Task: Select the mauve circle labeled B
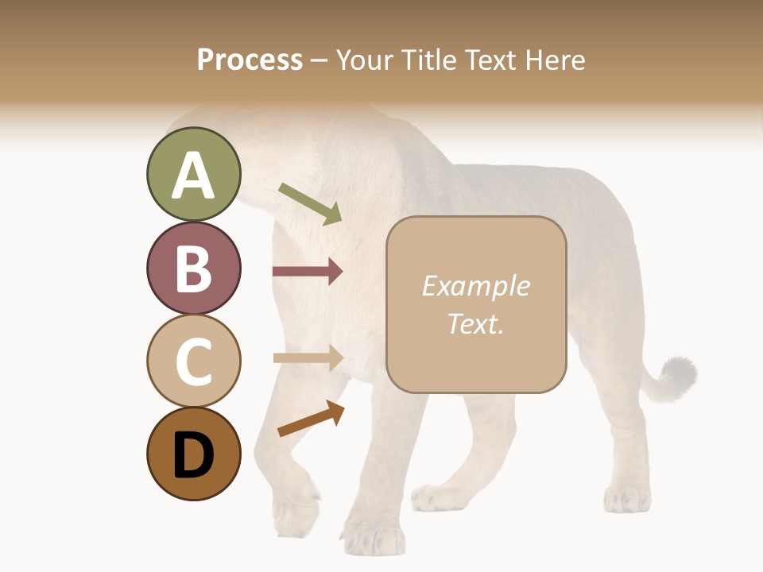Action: (193, 269)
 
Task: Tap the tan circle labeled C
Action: (193, 361)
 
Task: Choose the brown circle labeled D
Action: (193, 454)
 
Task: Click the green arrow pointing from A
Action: (311, 203)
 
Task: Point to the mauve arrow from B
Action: (308, 272)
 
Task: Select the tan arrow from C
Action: (308, 358)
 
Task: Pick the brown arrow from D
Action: (311, 419)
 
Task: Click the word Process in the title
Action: (250, 60)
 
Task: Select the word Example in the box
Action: (475, 286)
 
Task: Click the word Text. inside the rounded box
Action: (475, 323)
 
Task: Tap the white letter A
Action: (193, 176)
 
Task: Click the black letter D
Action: (193, 455)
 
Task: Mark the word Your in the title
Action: (366, 60)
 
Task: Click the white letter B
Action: (193, 269)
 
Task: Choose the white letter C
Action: (193, 361)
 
